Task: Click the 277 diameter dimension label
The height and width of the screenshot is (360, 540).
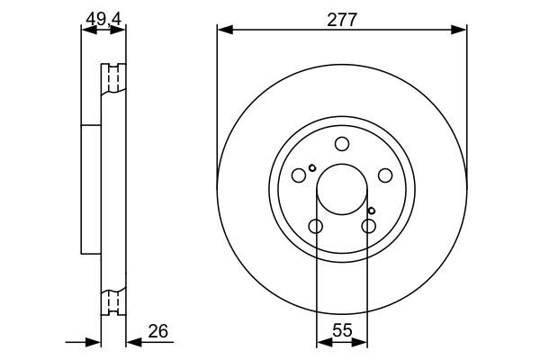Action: coord(342,20)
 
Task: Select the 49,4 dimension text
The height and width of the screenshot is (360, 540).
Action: coord(103,19)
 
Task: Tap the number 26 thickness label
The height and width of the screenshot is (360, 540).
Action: coord(158,331)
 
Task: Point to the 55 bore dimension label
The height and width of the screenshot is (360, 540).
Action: coord(342,330)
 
